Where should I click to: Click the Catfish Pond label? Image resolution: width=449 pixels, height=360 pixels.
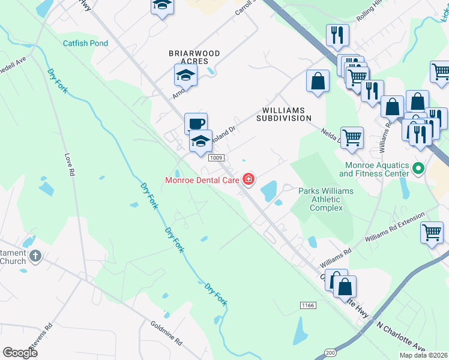[x=86, y=43]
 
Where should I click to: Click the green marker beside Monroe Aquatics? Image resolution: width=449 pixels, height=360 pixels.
[x=419, y=169]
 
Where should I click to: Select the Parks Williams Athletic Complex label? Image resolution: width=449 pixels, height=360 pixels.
[x=326, y=199]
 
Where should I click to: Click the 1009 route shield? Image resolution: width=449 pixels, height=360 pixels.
[x=217, y=158]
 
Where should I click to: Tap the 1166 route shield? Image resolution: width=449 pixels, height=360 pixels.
[x=308, y=305]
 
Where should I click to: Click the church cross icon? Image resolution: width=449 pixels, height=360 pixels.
[x=35, y=256]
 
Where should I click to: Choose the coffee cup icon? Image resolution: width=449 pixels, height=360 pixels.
[x=196, y=124]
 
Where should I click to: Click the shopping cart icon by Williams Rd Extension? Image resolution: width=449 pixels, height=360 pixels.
[x=432, y=232]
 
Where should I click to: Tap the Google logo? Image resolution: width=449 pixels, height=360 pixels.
[x=20, y=353]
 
